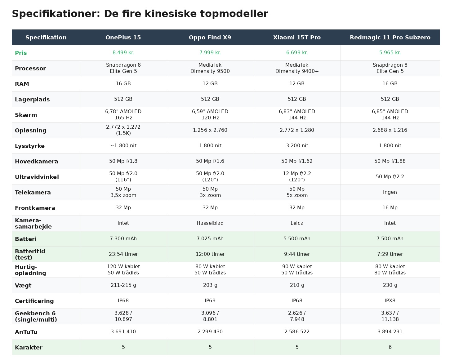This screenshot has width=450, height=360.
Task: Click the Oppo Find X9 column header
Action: click(x=210, y=38)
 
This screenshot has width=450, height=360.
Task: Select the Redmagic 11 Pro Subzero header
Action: click(x=390, y=38)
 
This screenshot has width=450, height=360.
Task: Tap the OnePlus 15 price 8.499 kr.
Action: click(x=123, y=53)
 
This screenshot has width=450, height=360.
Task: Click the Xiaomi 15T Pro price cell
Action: click(x=297, y=53)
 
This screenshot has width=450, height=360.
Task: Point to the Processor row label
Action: click(x=30, y=69)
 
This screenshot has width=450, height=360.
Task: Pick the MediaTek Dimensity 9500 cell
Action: click(x=210, y=68)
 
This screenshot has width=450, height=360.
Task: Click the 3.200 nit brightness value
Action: click(x=297, y=146)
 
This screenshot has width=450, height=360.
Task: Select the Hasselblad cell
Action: click(x=210, y=223)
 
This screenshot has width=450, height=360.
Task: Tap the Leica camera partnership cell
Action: click(x=297, y=223)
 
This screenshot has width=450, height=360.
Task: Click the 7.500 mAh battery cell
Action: click(x=390, y=239)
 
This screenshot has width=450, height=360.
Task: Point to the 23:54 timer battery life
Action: click(x=123, y=254)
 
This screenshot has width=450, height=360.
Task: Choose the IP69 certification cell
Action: click(x=210, y=301)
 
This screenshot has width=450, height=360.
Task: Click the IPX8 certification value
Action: click(x=390, y=301)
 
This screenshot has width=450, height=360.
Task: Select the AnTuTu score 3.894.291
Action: click(x=390, y=332)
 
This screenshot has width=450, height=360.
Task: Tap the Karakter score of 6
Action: click(x=390, y=347)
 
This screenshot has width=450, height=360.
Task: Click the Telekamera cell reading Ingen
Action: click(x=390, y=192)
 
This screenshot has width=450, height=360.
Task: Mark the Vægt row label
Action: click(x=23, y=286)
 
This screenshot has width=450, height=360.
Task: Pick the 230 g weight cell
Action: click(x=390, y=285)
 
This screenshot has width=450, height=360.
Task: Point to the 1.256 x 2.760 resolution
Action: click(x=210, y=130)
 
